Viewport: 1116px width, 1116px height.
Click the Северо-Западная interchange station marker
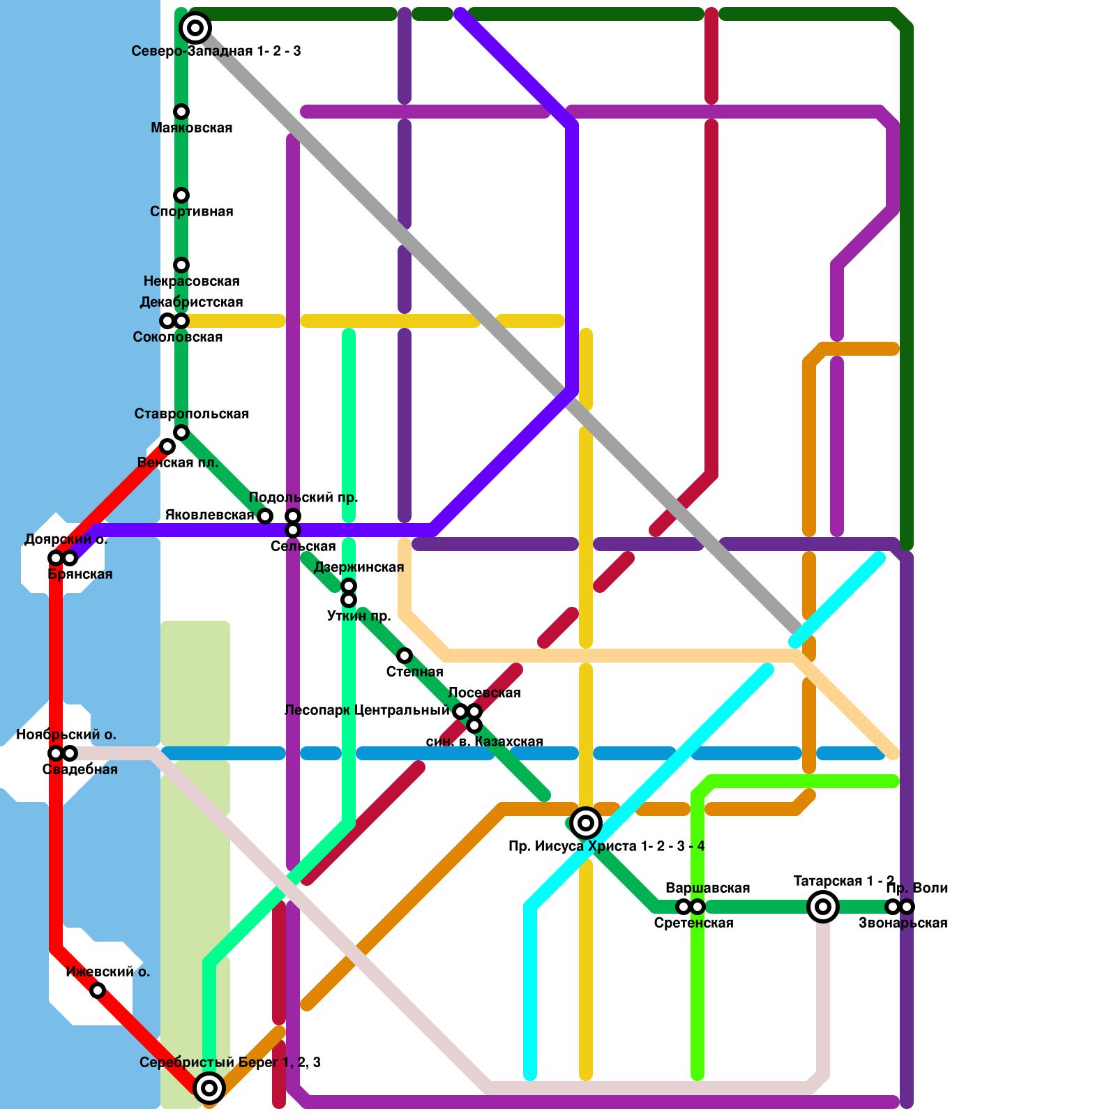pyautogui.click(x=195, y=28)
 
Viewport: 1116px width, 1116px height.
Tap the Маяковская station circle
pyautogui.click(x=181, y=112)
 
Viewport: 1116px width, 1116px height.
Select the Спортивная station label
pyautogui.click(x=191, y=211)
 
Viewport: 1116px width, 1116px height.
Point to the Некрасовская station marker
pyautogui.click(x=181, y=265)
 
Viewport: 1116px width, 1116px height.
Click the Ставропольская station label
pyautogui.click(x=191, y=414)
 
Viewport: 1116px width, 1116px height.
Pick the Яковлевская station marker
pyautogui.click(x=265, y=516)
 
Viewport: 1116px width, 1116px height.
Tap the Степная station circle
pyautogui.click(x=405, y=656)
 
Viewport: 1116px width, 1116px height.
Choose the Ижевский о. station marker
pyautogui.click(x=98, y=990)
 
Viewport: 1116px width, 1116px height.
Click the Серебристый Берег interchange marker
pyautogui.click(x=209, y=1088)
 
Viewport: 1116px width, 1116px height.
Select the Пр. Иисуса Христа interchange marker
pyautogui.click(x=586, y=823)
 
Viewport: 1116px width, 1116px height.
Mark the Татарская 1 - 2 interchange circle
pyautogui.click(x=823, y=907)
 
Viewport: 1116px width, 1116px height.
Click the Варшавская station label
pyautogui.click(x=707, y=888)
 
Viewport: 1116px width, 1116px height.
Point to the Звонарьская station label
pyautogui.click(x=903, y=923)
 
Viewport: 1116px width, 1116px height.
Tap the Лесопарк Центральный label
pyautogui.click(x=367, y=710)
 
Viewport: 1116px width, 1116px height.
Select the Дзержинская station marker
pyautogui.click(x=349, y=586)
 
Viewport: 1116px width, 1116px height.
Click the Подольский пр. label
pyautogui.click(x=303, y=497)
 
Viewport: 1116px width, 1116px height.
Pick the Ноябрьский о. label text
pyautogui.click(x=66, y=734)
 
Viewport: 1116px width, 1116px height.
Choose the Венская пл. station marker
pyautogui.click(x=167, y=446)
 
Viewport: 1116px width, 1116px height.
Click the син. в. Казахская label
pyautogui.click(x=484, y=741)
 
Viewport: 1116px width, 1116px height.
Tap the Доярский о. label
pyautogui.click(x=66, y=539)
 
